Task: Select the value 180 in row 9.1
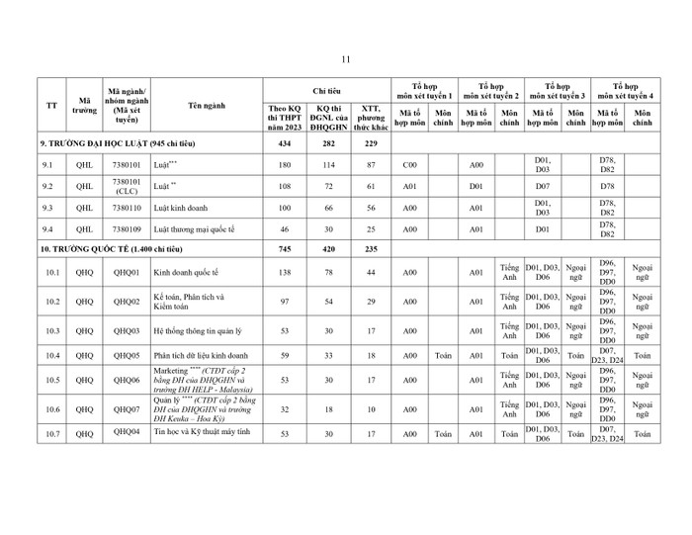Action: pos(284,163)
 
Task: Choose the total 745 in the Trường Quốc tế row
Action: pos(284,250)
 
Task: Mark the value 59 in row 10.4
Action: pos(284,353)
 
